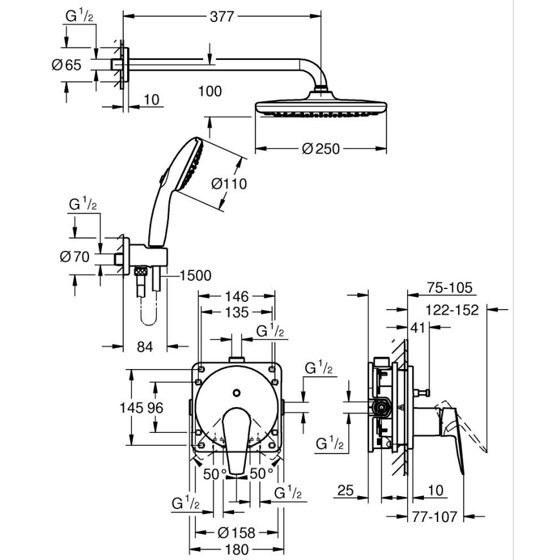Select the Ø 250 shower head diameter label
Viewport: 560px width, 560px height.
coord(321,149)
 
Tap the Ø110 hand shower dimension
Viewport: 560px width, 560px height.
coord(229,184)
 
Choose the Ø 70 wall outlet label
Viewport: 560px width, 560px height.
coord(74,256)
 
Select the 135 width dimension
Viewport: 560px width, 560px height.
coord(237,312)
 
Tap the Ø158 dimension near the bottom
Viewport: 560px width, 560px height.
coord(237,532)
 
